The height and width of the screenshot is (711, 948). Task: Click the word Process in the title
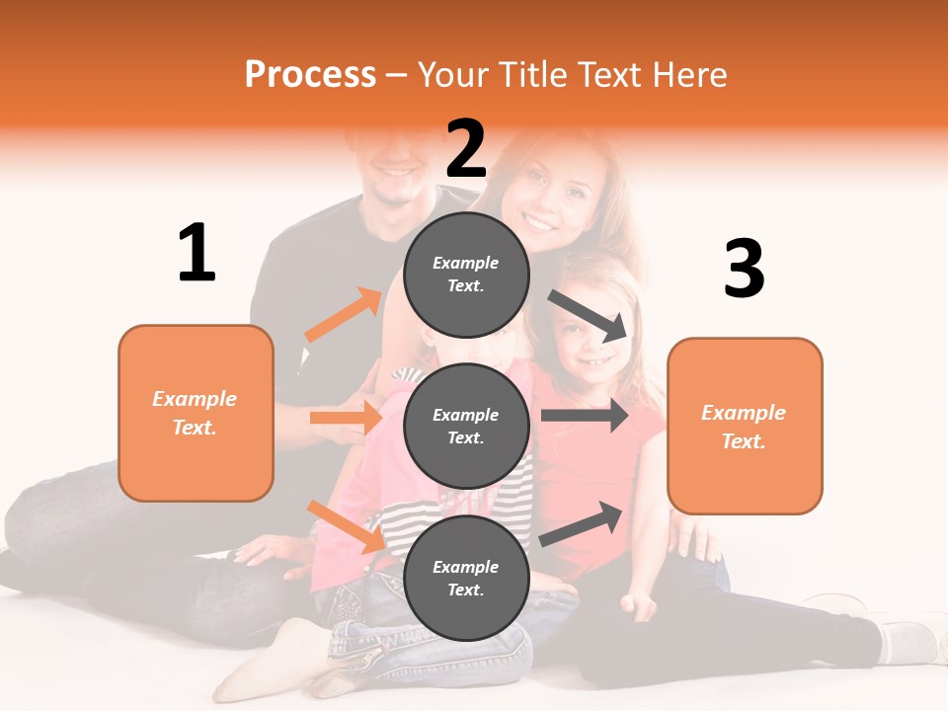(x=310, y=75)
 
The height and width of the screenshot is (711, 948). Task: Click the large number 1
(x=197, y=254)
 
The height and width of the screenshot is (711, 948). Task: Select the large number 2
(x=466, y=149)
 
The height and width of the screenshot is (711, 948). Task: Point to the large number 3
(x=744, y=270)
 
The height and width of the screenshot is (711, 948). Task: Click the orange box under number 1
(x=196, y=413)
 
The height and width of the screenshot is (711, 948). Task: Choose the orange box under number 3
(x=745, y=426)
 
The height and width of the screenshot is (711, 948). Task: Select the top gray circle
(x=466, y=275)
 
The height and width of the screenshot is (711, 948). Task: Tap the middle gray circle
(x=466, y=426)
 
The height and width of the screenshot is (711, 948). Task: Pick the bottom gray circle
(x=466, y=578)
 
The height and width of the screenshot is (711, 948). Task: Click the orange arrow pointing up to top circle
(x=344, y=315)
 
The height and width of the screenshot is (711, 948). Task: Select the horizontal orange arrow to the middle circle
(x=346, y=418)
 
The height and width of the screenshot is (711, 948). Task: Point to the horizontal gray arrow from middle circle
(x=584, y=416)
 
